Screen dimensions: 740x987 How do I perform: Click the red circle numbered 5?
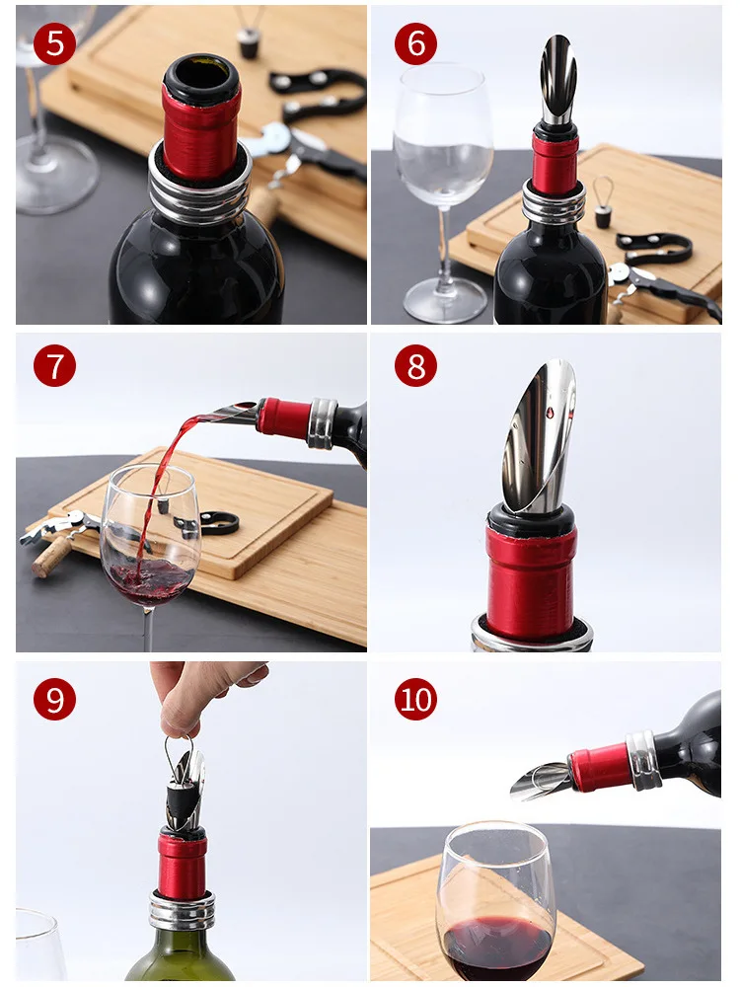(x=54, y=43)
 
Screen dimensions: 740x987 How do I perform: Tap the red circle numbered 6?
(x=415, y=43)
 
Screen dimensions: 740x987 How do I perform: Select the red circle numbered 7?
(x=54, y=366)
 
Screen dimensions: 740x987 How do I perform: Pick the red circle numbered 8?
(x=415, y=366)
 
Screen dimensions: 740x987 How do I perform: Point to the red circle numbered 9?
(x=54, y=700)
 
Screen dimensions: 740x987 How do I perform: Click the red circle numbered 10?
(x=415, y=700)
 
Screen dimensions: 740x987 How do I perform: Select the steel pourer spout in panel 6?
(x=557, y=79)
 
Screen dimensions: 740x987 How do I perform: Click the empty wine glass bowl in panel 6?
(x=443, y=135)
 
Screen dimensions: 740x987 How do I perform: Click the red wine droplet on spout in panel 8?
(x=550, y=413)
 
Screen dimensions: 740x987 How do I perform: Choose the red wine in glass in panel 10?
(x=497, y=948)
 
